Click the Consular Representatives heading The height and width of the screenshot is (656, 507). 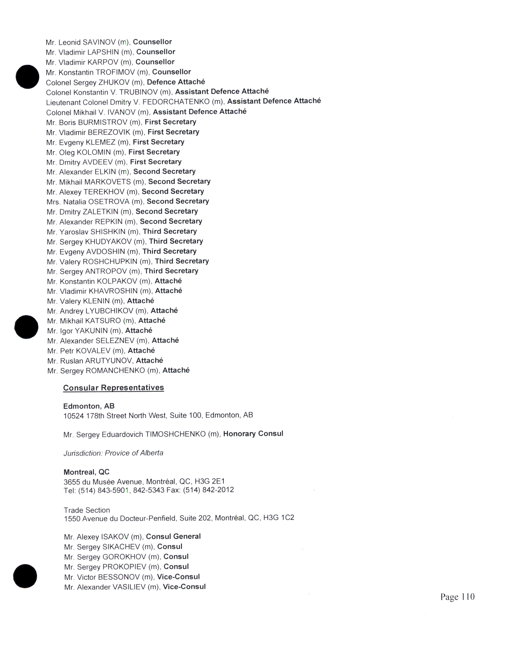[x=114, y=388]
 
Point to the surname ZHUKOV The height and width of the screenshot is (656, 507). [x=114, y=82]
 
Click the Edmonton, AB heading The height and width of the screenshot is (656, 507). [x=89, y=406]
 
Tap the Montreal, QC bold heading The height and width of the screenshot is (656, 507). [x=86, y=472]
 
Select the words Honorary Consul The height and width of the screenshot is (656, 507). [x=253, y=434]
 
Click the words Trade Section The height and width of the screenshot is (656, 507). [x=87, y=510]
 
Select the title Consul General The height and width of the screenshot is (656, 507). [x=173, y=537]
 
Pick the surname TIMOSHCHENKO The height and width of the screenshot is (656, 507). [x=175, y=434]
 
